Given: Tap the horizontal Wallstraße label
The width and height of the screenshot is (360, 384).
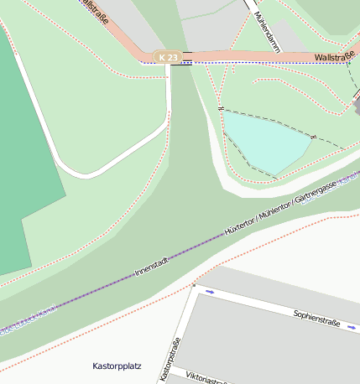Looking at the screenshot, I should point(334,57).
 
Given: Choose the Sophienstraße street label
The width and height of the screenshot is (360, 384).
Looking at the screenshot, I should point(317,318).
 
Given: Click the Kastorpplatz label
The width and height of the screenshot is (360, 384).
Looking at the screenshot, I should point(117,366).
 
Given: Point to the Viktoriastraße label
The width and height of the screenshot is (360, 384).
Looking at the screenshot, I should point(206,376).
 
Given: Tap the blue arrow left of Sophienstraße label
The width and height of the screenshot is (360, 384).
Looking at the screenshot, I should point(210,292).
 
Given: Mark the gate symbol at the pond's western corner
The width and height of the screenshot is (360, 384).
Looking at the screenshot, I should point(220,109).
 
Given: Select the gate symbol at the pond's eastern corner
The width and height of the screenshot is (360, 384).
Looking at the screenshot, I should point(313,136).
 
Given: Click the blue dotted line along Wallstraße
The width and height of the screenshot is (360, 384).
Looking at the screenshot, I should point(252,63).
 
